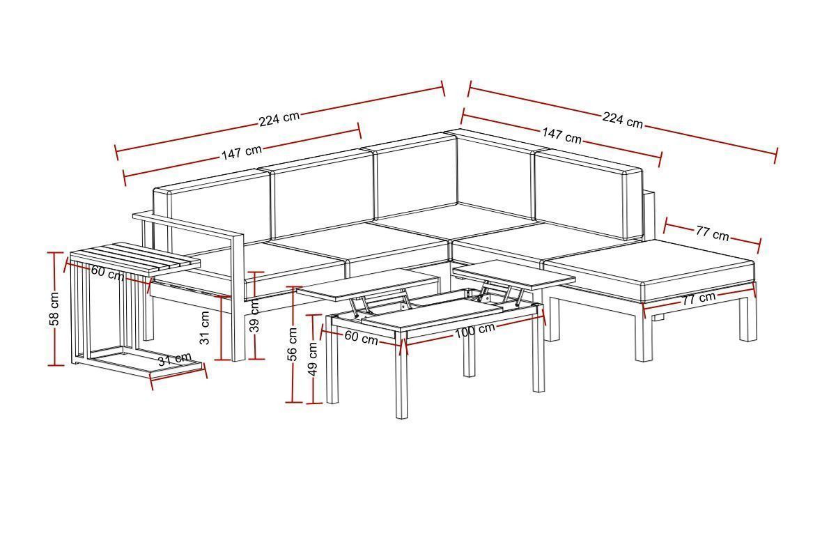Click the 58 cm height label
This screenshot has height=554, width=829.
(x=54, y=309)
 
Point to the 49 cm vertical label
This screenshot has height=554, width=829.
(x=313, y=359)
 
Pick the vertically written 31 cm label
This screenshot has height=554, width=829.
(x=205, y=328)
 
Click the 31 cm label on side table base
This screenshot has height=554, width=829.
(x=174, y=359)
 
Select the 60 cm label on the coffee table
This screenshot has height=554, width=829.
(x=361, y=337)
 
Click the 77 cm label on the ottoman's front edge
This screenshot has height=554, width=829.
(x=699, y=299)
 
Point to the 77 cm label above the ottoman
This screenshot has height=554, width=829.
(x=712, y=233)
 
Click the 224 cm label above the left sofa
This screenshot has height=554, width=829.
(x=279, y=119)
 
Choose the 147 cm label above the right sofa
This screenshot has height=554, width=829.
(x=561, y=135)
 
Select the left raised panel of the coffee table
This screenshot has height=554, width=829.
(x=368, y=285)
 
